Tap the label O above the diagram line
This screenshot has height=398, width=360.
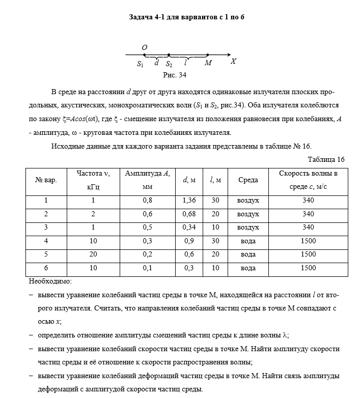coord(145,47)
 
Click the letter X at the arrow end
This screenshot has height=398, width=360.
coord(233,62)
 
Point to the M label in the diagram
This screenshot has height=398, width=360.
coord(208,64)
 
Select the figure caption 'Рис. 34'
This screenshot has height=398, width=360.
coord(175,75)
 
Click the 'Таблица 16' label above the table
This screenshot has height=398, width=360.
coord(326,159)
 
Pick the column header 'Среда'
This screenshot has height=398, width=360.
coord(248,180)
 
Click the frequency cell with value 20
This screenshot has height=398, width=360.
coord(93,254)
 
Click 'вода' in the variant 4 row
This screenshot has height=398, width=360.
coord(248,241)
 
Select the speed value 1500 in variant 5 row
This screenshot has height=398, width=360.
coord(308,254)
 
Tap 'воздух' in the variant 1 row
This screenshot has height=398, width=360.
coord(248,201)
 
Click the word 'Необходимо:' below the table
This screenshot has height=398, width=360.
coord(49,281)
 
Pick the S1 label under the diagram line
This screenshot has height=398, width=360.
coord(141,64)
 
